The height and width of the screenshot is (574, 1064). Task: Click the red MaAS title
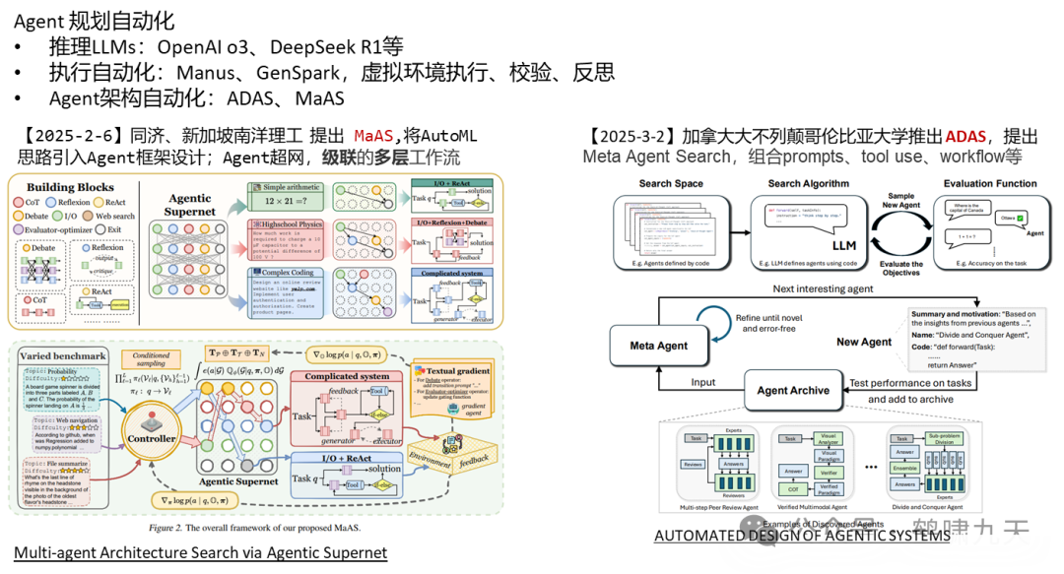[x=373, y=136]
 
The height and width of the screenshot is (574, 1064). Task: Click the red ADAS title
[x=965, y=136]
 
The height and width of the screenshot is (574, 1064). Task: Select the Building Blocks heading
[x=70, y=187]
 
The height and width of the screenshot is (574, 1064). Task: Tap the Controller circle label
[x=153, y=438]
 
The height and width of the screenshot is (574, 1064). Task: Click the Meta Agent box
[x=659, y=346]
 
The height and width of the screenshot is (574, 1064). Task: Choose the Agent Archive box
[x=793, y=390]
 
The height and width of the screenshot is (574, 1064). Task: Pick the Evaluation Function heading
[x=990, y=183]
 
